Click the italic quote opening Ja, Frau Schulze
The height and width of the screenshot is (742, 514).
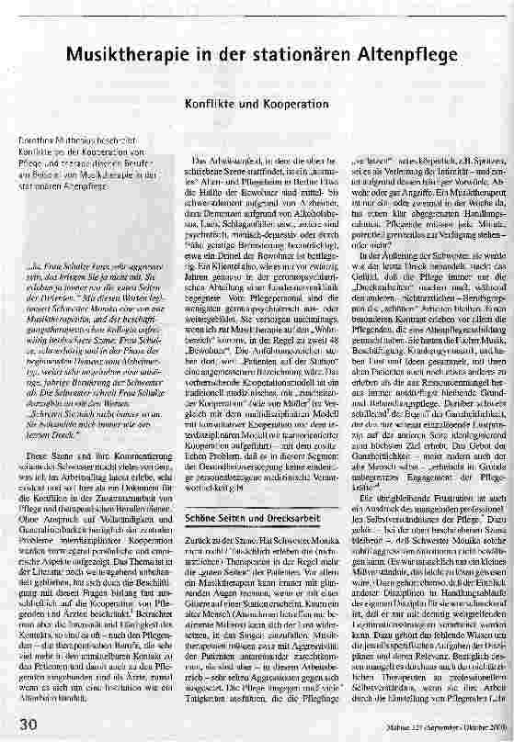coord(62,242)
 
